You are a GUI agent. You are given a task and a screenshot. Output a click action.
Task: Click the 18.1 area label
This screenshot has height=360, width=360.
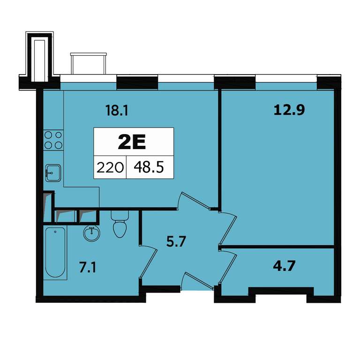[x=116, y=110]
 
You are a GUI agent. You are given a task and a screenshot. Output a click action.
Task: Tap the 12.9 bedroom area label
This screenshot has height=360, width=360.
[x=289, y=110]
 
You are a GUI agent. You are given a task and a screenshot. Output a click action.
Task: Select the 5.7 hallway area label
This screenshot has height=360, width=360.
[x=176, y=241]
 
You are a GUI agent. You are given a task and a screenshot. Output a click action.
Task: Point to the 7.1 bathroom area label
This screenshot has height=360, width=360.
[x=88, y=267]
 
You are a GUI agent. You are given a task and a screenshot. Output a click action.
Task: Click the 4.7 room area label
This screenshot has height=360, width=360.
[x=284, y=265]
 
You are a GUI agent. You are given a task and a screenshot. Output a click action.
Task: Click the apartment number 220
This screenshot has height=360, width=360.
[x=110, y=167]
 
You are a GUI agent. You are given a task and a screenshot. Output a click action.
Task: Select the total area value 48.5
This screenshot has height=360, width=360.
[x=149, y=167]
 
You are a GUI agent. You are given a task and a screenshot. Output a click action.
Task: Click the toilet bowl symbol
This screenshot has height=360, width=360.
[x=120, y=224]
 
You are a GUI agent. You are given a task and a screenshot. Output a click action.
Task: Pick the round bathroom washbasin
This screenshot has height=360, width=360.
[x=91, y=233]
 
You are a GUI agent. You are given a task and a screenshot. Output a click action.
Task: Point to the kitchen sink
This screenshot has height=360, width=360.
[x=53, y=173]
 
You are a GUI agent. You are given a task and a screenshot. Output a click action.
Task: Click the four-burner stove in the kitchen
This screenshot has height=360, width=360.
[x=53, y=140]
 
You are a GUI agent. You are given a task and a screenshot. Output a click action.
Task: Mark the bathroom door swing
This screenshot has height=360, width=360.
[x=148, y=262]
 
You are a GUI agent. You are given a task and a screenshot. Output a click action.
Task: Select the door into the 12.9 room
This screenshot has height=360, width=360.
[x=227, y=228]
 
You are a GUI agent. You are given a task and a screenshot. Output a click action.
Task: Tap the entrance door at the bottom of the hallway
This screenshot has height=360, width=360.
[x=197, y=281]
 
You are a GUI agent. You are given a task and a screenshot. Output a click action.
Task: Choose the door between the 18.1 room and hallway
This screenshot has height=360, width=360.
[x=195, y=201]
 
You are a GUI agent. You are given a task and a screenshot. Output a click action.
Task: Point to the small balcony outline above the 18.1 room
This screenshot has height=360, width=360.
[x=89, y=63]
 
